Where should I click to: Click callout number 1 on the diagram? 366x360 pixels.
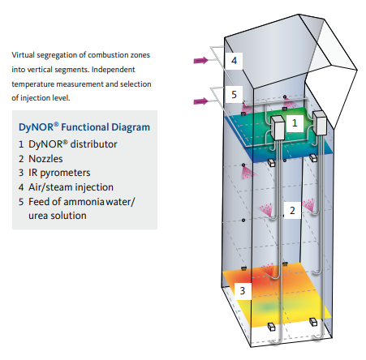click(295, 123)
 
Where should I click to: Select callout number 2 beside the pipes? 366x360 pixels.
click(292, 211)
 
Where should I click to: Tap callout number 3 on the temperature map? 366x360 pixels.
click(243, 291)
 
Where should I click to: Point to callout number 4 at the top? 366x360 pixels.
click(234, 61)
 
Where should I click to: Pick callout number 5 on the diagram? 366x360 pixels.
click(234, 95)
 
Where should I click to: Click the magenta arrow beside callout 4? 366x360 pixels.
click(201, 61)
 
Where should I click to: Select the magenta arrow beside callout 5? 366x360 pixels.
click(201, 101)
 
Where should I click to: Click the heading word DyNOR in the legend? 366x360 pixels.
click(37, 127)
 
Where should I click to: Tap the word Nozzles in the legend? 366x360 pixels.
click(45, 159)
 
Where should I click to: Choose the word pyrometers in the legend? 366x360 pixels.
click(65, 173)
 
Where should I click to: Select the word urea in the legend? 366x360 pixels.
click(38, 216)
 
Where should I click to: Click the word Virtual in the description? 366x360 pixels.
click(24, 55)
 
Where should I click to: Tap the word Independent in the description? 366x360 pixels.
click(113, 70)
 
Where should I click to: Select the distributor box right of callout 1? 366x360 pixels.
click(320, 122)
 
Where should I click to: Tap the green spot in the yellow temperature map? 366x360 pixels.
click(267, 306)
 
